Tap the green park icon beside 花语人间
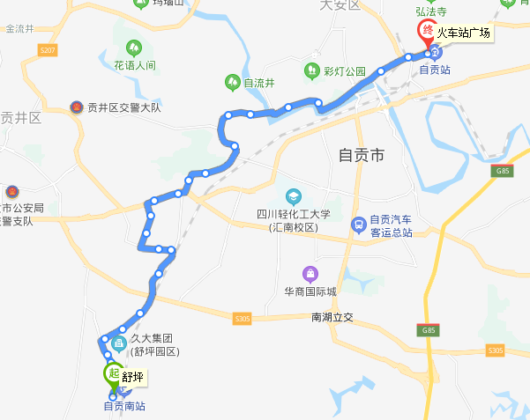pos(134,48)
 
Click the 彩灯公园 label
pos(344,70)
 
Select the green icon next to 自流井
pos(232,82)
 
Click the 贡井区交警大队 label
pos(124,107)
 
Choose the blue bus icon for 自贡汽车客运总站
pos(358,224)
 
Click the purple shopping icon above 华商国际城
pos(310,273)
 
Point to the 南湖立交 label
pos(332,317)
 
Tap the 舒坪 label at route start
pos(133,378)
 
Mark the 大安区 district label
pos(341,4)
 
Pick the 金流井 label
pos(19,28)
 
